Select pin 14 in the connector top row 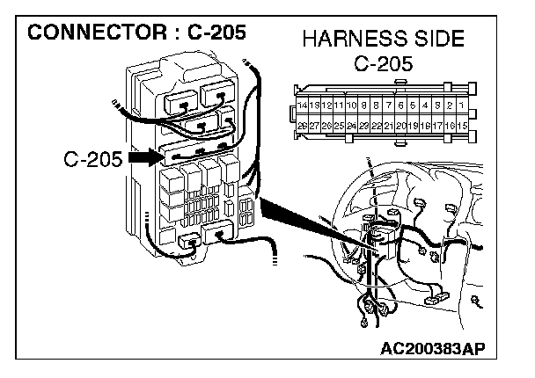[303, 105]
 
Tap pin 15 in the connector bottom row [461, 127]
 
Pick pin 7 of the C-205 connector [388, 105]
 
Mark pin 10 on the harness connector [350, 105]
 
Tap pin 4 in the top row [425, 105]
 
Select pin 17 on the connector [437, 127]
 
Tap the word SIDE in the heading [435, 40]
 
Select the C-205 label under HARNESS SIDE [384, 64]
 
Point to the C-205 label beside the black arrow [92, 160]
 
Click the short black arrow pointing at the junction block [143, 159]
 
